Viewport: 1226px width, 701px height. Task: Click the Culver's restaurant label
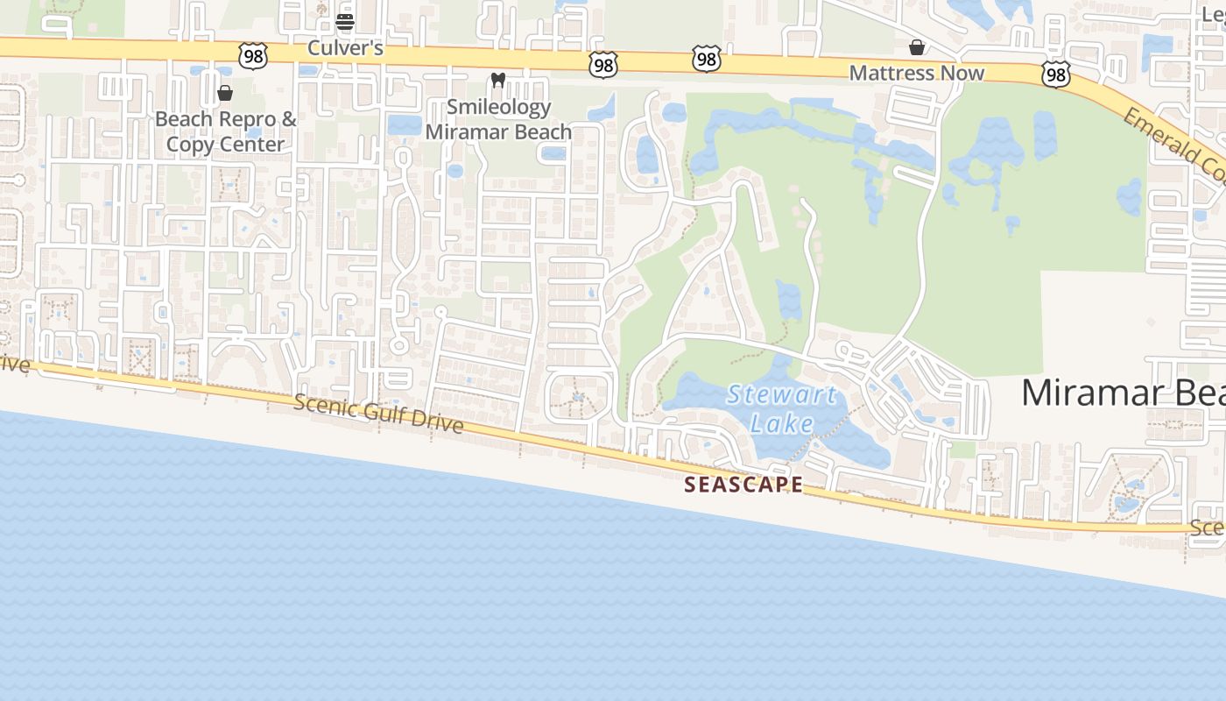[345, 48]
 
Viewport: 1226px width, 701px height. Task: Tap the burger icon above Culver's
[345, 22]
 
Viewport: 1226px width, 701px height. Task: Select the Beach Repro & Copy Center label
[225, 131]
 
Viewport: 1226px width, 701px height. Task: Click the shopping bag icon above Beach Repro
[225, 93]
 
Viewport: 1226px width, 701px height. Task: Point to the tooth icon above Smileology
[498, 81]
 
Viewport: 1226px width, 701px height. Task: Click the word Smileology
[498, 107]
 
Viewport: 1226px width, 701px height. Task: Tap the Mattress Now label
[917, 73]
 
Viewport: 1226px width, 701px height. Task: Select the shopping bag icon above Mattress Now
[917, 47]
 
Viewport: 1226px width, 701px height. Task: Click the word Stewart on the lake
[782, 394]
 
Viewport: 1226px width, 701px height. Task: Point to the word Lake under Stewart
[782, 423]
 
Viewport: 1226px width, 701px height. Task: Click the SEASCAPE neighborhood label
[743, 485]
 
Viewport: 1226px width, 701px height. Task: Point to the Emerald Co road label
[1174, 145]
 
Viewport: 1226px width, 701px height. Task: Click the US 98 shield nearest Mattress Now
[1056, 75]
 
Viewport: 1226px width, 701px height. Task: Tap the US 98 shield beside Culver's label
[252, 55]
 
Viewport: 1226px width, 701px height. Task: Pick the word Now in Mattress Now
[963, 73]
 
